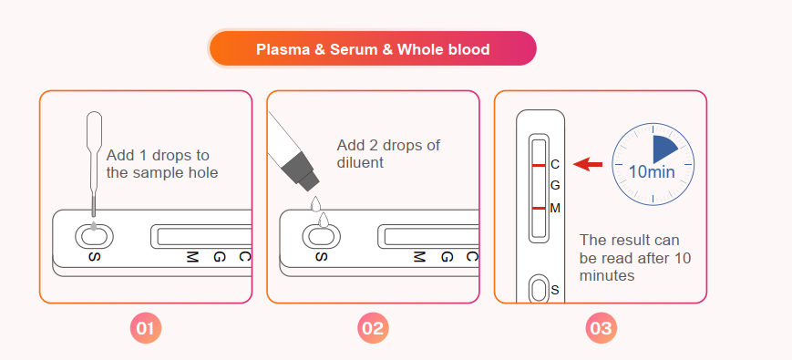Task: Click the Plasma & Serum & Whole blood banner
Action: [373, 48]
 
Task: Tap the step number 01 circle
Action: [146, 329]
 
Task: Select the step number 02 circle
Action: [374, 329]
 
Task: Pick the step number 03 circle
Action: [602, 329]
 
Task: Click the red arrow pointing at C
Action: [588, 164]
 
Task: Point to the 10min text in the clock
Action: [652, 172]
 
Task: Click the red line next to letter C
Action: [539, 165]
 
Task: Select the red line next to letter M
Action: [539, 208]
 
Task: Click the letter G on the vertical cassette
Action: [555, 185]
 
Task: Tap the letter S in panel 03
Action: [555, 290]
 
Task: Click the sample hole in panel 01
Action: [94, 236]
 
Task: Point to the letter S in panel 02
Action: [321, 256]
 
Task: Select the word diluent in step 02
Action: [360, 162]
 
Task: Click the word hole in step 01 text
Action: [201, 172]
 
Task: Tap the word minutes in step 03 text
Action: [607, 275]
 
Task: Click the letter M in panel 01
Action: [190, 256]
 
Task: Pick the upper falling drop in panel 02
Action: [315, 203]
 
